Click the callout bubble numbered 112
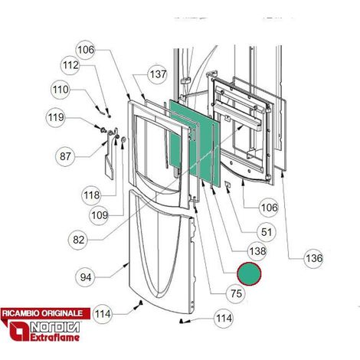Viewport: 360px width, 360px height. pyautogui.click(x=70, y=65)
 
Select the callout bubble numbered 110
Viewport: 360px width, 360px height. pyautogui.click(x=61, y=90)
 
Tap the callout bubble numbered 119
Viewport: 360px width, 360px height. pyautogui.click(x=56, y=117)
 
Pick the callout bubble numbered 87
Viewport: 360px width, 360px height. pyautogui.click(x=65, y=156)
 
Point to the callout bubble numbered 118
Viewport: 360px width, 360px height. pyautogui.click(x=91, y=195)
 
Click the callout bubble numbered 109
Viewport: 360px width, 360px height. pyautogui.click(x=99, y=215)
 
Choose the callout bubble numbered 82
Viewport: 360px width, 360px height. pyautogui.click(x=78, y=240)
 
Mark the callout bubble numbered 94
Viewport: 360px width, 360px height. pyautogui.click(x=86, y=277)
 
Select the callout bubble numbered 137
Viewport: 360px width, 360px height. pyautogui.click(x=158, y=74)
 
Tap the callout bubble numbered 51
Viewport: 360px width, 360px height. pyautogui.click(x=267, y=232)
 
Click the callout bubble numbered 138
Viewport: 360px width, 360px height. pyautogui.click(x=257, y=251)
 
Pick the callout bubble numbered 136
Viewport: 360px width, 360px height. pyautogui.click(x=314, y=258)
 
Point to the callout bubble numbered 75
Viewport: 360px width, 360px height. pyautogui.click(x=236, y=293)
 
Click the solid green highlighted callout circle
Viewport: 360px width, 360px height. pyautogui.click(x=249, y=273)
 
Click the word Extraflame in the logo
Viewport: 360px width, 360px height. pyautogui.click(x=55, y=337)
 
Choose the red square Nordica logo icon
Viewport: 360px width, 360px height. pyautogui.click(x=19, y=331)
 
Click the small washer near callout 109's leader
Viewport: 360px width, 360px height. pyautogui.click(x=123, y=139)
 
